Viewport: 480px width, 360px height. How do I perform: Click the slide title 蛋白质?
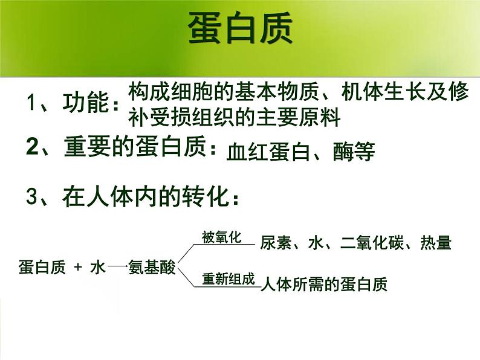pyautogui.click(x=240, y=29)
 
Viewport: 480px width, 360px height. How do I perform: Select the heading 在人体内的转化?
pyautogui.click(x=149, y=196)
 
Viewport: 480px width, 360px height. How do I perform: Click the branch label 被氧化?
pyautogui.click(x=221, y=237)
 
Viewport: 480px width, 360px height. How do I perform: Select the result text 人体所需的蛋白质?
pyautogui.click(x=323, y=284)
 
